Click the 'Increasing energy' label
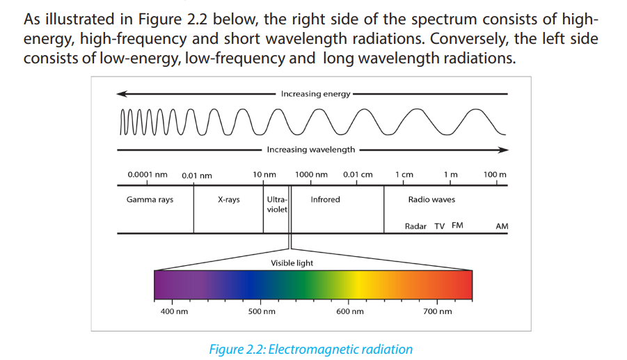tap(315, 94)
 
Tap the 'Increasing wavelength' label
tap(310, 150)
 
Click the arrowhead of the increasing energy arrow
tap(121, 94)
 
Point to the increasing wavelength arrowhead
tap(503, 150)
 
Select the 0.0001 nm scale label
tap(147, 174)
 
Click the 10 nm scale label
tap(264, 174)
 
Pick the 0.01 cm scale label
tap(358, 174)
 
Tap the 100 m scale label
tap(495, 174)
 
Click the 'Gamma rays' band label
tap(150, 200)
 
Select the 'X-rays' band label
tap(229, 200)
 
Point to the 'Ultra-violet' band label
tap(277, 205)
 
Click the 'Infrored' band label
tap(325, 199)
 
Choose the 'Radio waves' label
tap(431, 199)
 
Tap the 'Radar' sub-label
tap(415, 226)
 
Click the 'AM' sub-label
tap(502, 226)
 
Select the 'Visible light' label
tap(292, 263)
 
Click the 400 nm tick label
tap(174, 311)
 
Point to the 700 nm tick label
tap(438, 311)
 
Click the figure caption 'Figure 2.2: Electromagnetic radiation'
tap(310, 349)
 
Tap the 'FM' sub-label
tap(457, 225)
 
